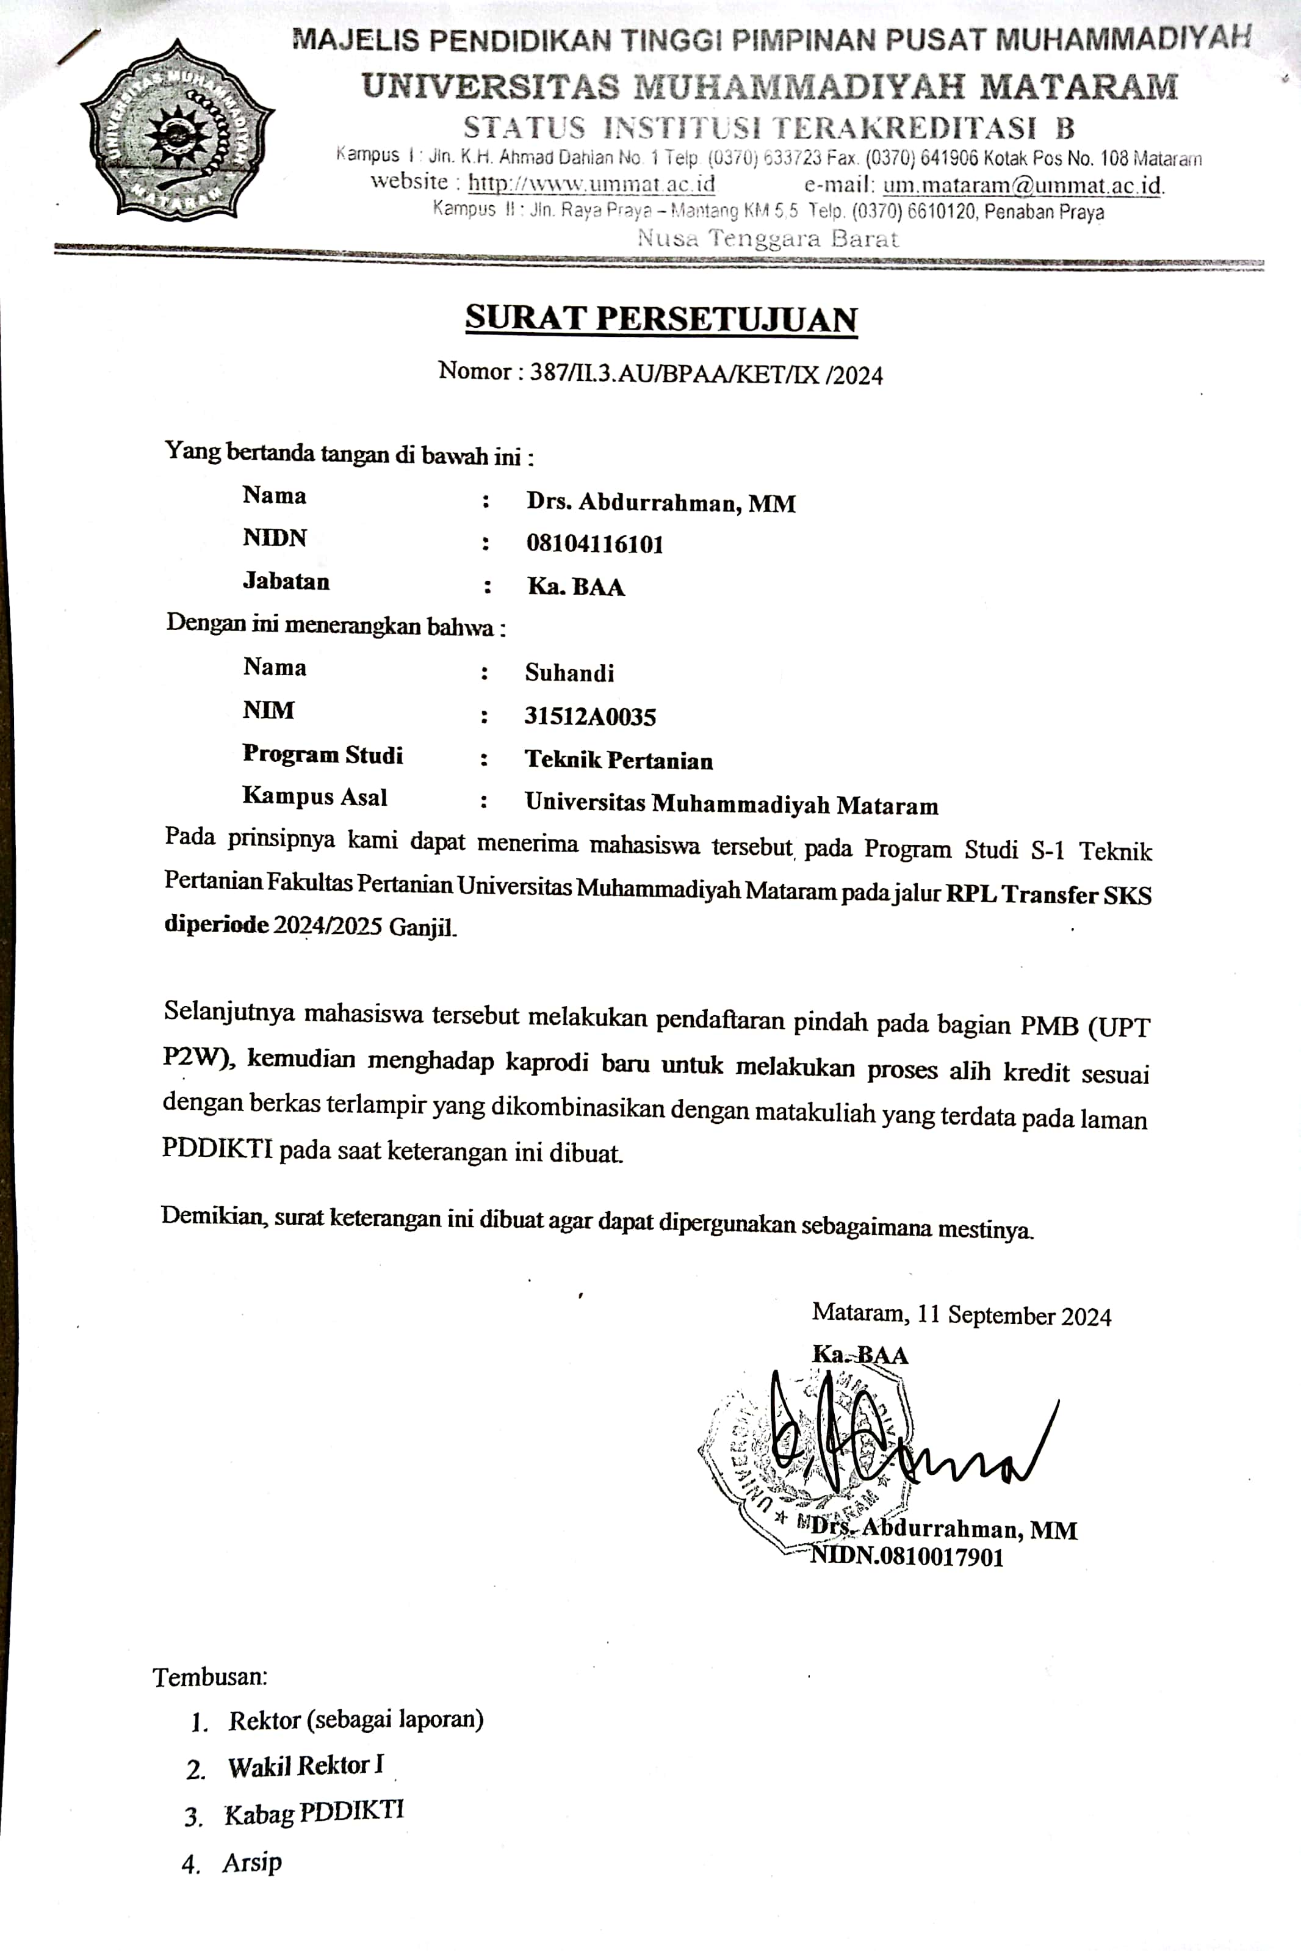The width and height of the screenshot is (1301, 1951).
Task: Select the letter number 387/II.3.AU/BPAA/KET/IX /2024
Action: click(x=706, y=374)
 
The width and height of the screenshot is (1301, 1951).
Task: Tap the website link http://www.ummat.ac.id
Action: click(x=591, y=183)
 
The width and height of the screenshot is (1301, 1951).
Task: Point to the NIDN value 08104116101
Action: click(x=595, y=545)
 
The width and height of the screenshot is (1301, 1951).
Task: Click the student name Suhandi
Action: click(x=569, y=673)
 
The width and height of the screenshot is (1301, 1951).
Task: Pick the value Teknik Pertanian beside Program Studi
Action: click(x=618, y=760)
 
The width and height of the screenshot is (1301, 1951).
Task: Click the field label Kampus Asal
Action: click(x=314, y=797)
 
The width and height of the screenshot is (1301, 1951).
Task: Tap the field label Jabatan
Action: click(x=286, y=581)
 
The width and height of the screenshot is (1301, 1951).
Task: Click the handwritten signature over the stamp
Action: click(x=896, y=1440)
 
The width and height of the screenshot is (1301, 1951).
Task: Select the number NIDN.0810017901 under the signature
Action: click(x=906, y=1557)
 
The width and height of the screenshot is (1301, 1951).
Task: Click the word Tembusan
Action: click(x=210, y=1676)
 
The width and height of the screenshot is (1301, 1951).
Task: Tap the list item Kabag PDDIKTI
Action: click(x=314, y=1812)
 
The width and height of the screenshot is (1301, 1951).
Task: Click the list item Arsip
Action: click(x=251, y=1862)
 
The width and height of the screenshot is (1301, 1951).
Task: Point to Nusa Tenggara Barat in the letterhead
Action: click(x=768, y=239)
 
